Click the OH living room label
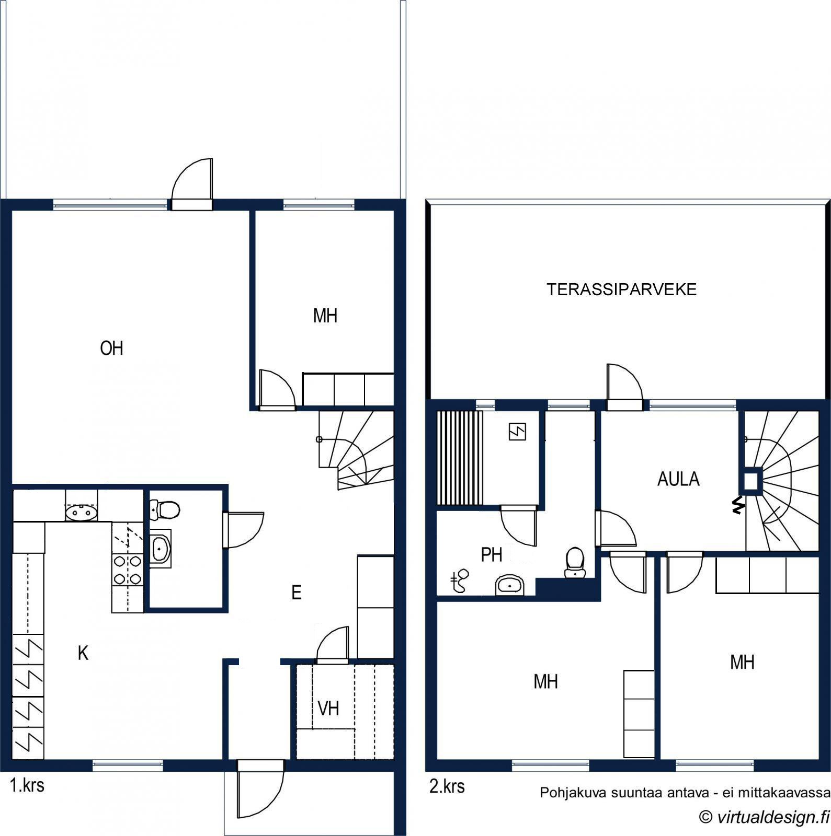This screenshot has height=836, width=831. click(111, 348)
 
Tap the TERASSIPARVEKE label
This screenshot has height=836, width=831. click(621, 289)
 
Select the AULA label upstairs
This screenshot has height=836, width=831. click(678, 479)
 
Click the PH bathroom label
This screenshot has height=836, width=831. click(492, 555)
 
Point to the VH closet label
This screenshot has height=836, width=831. click(328, 709)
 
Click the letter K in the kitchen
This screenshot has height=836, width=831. click(83, 653)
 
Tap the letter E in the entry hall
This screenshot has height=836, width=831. click(297, 593)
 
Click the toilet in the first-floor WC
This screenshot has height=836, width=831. click(165, 509)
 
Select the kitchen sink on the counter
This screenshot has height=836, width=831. click(82, 513)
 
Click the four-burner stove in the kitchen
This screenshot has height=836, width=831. click(128, 570)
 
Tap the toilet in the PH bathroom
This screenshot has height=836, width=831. click(575, 562)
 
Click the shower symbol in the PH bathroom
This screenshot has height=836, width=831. click(460, 581)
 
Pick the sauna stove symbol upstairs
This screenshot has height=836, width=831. click(517, 432)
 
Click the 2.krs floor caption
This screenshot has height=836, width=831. click(447, 786)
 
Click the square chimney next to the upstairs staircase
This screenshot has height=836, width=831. click(751, 481)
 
